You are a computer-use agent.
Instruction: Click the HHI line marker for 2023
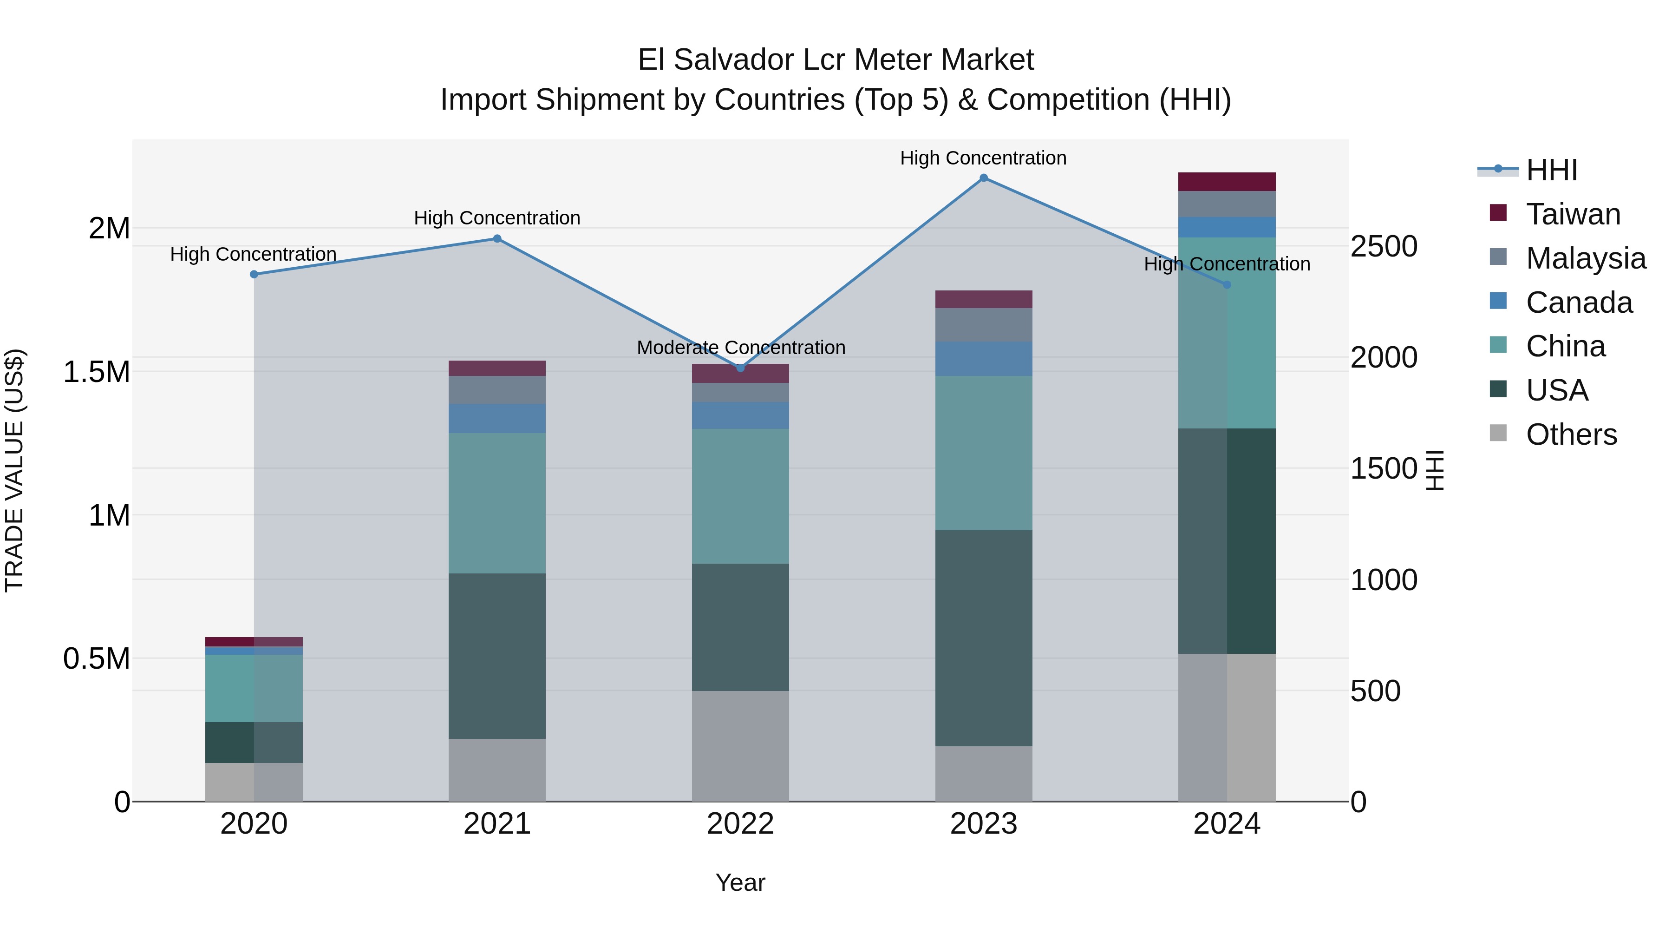pos(983,178)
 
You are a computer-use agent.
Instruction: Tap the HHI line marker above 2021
pos(497,238)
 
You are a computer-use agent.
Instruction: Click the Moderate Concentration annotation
pos(741,348)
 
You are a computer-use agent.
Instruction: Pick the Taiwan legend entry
pos(1573,214)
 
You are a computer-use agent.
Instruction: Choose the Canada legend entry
pos(1579,303)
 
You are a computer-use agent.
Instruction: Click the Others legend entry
pos(1571,434)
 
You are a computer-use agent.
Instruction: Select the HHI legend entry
pos(1551,170)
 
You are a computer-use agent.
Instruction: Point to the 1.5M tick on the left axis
pos(96,372)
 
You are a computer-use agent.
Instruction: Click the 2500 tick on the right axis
pos(1384,247)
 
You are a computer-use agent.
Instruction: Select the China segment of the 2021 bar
pos(497,503)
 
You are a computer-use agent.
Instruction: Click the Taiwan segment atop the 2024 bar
pos(1227,182)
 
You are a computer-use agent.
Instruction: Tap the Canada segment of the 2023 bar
pos(983,358)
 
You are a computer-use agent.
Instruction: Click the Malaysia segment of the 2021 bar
pos(497,390)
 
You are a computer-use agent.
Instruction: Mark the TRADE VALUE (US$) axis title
pos(14,470)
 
